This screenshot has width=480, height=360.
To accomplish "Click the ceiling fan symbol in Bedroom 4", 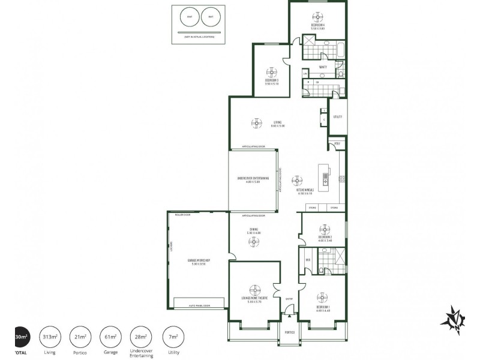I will click(x=317, y=16).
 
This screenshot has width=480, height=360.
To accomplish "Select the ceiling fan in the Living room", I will click(x=257, y=122).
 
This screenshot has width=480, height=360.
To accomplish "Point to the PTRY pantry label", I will click(x=337, y=144).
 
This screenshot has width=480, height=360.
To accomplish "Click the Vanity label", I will click(x=322, y=67).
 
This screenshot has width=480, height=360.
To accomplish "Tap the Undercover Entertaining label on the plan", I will click(x=253, y=180).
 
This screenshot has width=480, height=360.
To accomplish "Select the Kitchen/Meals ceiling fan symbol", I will click(x=297, y=179).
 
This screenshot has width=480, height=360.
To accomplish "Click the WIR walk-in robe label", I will click(x=308, y=260).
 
